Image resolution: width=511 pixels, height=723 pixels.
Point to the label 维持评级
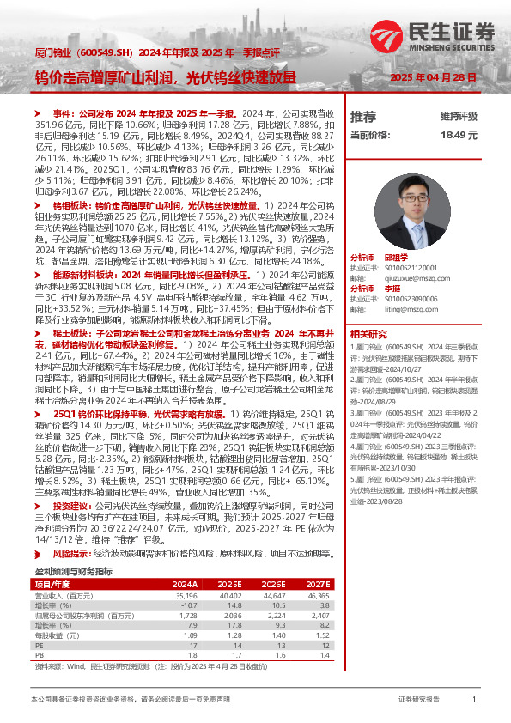coord(459,116)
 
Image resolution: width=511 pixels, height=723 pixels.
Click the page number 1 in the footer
coord(474,700)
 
